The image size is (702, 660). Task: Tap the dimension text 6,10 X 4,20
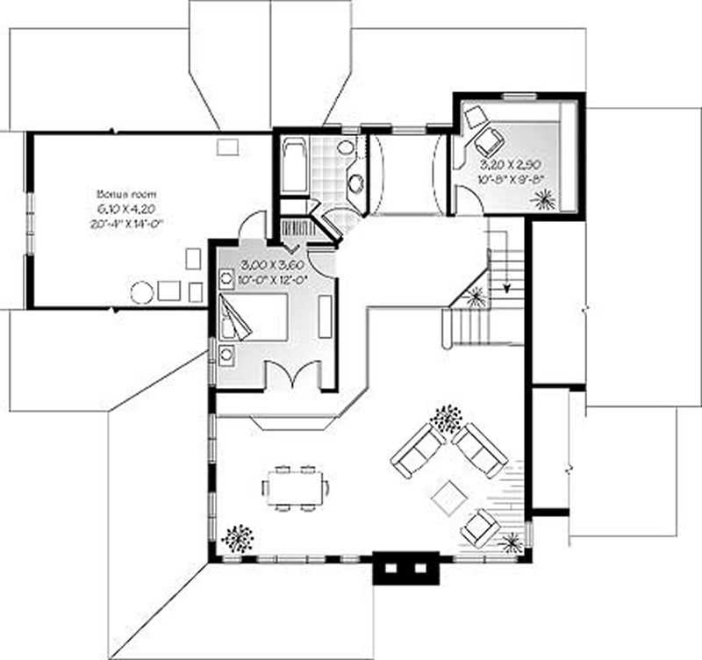click(x=118, y=208)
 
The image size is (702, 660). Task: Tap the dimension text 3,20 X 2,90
click(x=512, y=164)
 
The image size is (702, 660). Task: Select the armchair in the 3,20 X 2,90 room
click(x=488, y=140)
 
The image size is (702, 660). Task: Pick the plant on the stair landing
click(x=475, y=298)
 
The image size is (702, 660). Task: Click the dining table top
click(x=295, y=487)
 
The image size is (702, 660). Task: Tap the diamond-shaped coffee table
click(x=449, y=498)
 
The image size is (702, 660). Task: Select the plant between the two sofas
click(x=447, y=418)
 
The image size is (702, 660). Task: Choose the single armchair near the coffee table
click(x=480, y=526)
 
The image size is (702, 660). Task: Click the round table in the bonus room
click(x=142, y=292)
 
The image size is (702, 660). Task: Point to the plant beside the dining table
click(x=238, y=536)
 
